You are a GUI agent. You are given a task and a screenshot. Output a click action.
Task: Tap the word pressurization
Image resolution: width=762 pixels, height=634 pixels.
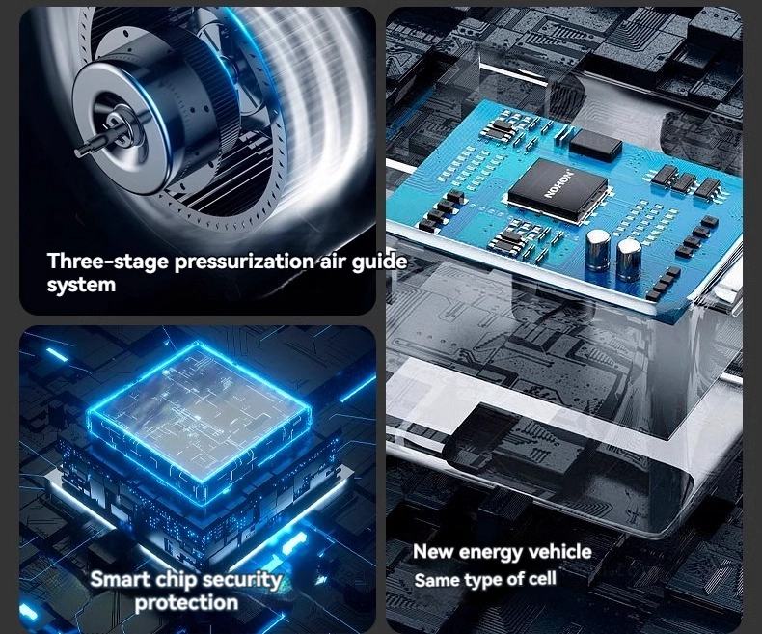click(244, 262)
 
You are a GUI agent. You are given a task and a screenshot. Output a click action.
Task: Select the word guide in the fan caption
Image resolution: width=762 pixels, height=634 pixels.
click(379, 262)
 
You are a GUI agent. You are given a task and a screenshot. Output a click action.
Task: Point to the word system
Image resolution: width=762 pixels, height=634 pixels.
click(81, 286)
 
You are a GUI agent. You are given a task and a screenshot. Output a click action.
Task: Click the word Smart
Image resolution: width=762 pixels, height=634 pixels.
click(121, 579)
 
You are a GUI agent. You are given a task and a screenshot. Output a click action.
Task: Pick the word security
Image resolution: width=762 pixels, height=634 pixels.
click(242, 580)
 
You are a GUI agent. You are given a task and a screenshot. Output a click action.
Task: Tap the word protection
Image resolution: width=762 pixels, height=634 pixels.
click(186, 603)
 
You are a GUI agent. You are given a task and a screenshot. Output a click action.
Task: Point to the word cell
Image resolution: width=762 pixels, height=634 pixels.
click(543, 578)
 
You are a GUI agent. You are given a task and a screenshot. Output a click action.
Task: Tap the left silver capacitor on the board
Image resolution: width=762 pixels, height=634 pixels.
click(597, 250)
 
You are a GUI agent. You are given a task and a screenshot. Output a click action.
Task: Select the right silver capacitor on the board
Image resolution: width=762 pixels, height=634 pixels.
click(628, 260)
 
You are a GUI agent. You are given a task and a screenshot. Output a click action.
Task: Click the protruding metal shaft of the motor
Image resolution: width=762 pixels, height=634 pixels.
click(90, 146)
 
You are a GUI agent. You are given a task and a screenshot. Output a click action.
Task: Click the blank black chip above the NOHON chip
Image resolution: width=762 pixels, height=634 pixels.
click(595, 144)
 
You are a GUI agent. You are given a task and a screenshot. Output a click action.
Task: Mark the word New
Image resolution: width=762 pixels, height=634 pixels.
click(433, 552)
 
